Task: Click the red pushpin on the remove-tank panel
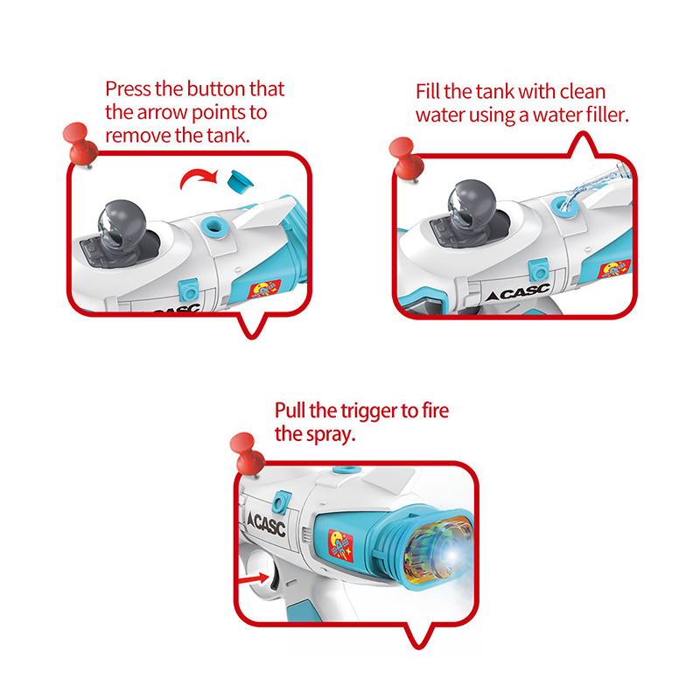pos(80,144)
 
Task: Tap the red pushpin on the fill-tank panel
pos(406,158)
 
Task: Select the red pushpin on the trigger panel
pos(247,454)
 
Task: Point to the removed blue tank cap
pos(240,182)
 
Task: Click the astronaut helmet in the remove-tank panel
pos(122,223)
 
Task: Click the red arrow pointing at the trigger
pos(254,579)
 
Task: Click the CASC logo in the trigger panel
pos(267,523)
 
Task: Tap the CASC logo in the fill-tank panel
pos(518,293)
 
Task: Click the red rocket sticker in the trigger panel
pos(340,545)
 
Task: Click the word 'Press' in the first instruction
pos(128,89)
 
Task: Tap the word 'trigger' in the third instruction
pos(369,411)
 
